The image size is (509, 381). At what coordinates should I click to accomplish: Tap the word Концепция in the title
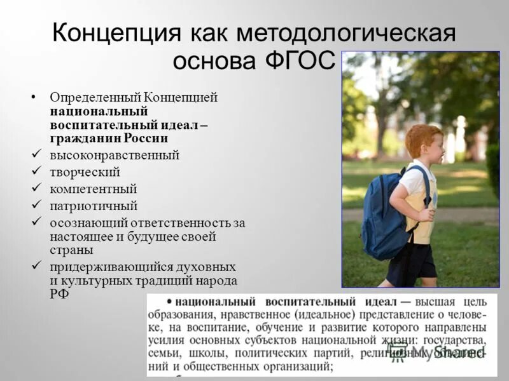click(111, 32)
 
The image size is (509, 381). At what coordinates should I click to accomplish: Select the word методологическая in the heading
click(345, 32)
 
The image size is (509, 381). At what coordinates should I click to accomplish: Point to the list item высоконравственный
click(115, 155)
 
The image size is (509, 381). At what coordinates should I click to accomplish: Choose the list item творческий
click(85, 172)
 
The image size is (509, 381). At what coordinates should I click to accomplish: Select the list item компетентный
click(94, 189)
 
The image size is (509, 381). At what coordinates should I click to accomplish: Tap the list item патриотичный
click(94, 206)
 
